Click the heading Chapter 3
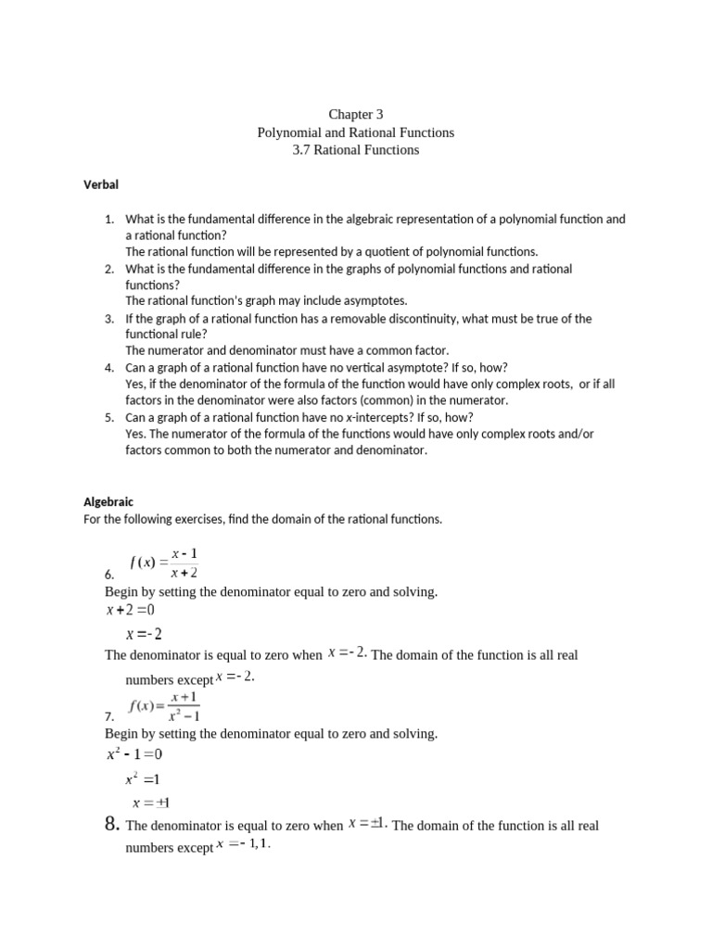click(x=355, y=115)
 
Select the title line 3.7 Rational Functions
click(x=355, y=149)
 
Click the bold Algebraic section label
click(x=108, y=502)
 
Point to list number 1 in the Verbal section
click(x=108, y=220)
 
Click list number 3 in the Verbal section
click(x=108, y=319)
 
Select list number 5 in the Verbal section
click(x=108, y=418)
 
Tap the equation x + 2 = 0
click(x=131, y=610)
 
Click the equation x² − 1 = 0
click(x=134, y=755)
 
